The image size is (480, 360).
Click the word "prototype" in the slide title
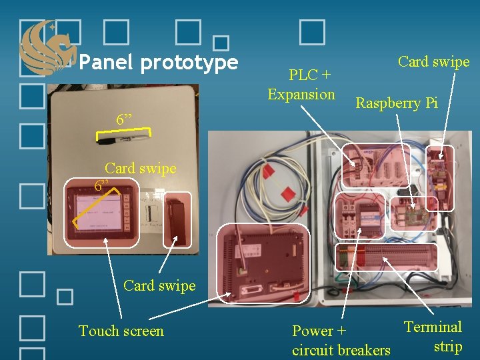pos(189,63)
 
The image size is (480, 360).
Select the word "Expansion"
pos(301,94)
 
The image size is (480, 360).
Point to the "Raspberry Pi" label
pos(397,103)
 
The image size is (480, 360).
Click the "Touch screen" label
pos(121,331)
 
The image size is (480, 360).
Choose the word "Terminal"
pos(433,327)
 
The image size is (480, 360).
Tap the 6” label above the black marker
pos(123,121)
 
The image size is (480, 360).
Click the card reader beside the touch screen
pos(177,220)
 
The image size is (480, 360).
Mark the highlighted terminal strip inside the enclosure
pos(387,257)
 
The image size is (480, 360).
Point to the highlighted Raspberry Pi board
pos(411,213)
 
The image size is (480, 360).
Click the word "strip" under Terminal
pos(447,347)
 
